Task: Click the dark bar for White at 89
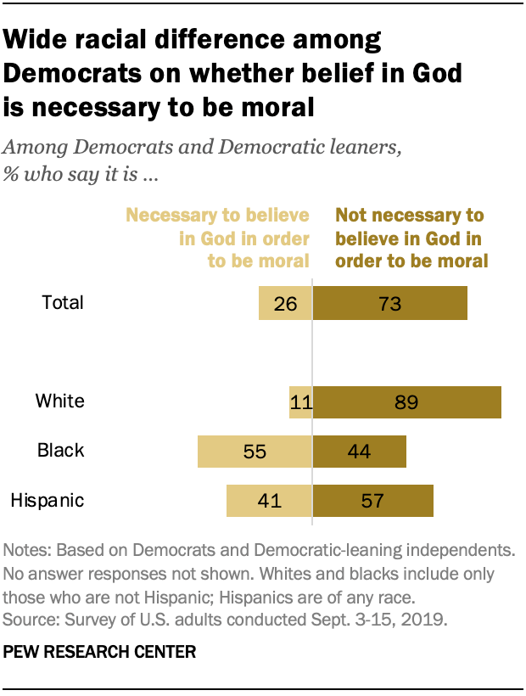[407, 401]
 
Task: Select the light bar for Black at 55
[255, 451]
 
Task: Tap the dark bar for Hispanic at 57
[373, 500]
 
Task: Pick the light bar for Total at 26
[285, 303]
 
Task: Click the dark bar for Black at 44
[360, 451]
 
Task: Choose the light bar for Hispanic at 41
[269, 500]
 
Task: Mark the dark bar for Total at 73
[390, 303]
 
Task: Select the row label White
[59, 401]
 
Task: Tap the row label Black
[60, 451]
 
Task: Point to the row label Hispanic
[47, 500]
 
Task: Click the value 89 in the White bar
[406, 401]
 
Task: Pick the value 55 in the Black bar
[255, 451]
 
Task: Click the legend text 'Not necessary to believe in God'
[411, 239]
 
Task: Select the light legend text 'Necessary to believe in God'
[219, 239]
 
